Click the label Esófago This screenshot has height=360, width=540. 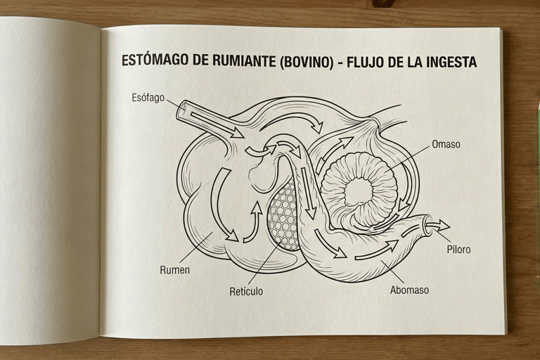(148, 98)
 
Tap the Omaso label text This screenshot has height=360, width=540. (446, 145)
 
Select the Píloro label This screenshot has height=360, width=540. (458, 249)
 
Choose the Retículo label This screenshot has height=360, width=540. (246, 291)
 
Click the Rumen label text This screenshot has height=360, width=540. (174, 269)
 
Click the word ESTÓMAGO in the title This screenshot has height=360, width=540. (155, 61)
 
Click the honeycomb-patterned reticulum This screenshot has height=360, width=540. (284, 214)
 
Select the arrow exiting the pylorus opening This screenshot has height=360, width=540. (437, 226)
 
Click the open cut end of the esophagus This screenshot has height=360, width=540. (181, 109)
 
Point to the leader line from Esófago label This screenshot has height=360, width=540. (173, 103)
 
